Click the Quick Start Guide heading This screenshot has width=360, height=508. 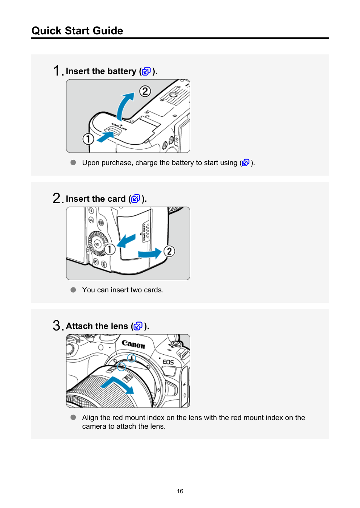point(77,31)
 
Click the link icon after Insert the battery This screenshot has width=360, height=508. point(146,71)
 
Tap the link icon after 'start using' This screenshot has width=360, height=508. point(246,162)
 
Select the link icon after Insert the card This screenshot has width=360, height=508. point(135,199)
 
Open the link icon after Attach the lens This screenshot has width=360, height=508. point(138,326)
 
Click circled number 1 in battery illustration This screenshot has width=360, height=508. point(88,139)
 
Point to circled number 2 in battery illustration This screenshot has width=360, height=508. point(145,91)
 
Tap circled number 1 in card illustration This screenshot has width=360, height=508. point(110,249)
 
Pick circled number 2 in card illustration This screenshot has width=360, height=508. point(169,251)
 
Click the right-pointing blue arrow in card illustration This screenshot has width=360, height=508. point(150,253)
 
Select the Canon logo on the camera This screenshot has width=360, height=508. point(133,344)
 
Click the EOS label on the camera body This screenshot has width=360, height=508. point(168,362)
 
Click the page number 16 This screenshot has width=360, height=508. point(180,491)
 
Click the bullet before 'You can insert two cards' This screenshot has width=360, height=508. point(73,290)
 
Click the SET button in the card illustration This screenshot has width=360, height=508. point(97,244)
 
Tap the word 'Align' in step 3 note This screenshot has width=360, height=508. point(90,417)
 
